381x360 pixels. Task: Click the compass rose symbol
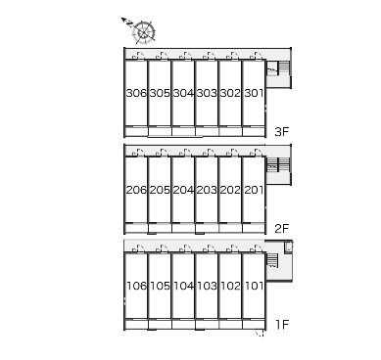point(144,32)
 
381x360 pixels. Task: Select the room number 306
point(136,93)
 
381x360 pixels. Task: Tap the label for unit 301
point(254,93)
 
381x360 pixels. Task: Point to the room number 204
point(183,190)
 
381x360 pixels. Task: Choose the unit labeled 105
point(160,286)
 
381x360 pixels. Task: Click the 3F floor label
point(282,132)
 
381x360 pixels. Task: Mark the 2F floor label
point(282,229)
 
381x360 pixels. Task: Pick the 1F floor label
point(282,325)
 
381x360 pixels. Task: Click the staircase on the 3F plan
point(278,68)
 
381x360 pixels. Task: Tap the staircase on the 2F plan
point(278,164)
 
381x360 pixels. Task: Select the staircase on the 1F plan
point(272,261)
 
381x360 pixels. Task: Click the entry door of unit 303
point(210,56)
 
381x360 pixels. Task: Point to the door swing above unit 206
point(139,153)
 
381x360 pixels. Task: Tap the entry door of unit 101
point(257,248)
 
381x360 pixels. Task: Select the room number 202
point(230,190)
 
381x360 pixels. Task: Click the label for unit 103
point(207,286)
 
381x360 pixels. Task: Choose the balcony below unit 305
point(160,131)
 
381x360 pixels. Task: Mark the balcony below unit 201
point(254,228)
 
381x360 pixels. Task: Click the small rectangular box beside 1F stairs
point(288,247)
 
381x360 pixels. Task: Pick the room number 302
point(230,93)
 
